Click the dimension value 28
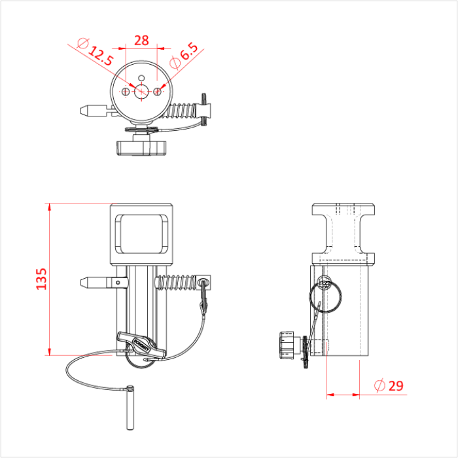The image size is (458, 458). (x=141, y=40)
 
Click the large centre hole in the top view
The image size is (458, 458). (x=141, y=91)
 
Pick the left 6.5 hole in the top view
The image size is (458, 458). (x=126, y=92)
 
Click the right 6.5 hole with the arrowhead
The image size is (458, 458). (x=157, y=91)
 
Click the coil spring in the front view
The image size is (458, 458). (x=177, y=283)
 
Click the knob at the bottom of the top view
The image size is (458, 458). (x=141, y=147)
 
